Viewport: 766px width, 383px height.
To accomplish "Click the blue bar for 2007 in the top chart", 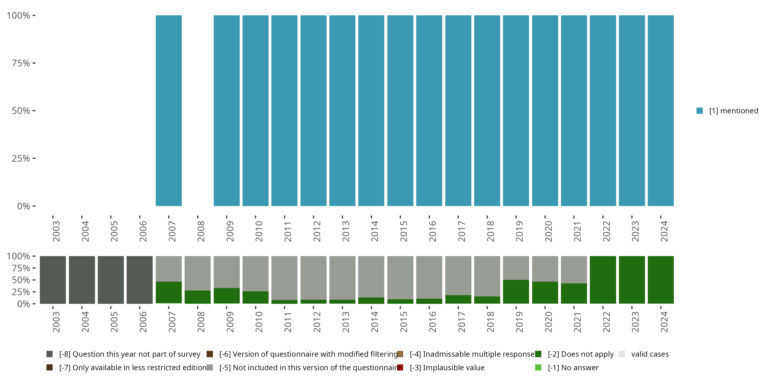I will (x=169, y=111).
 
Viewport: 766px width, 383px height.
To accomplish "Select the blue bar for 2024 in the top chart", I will (x=661, y=111).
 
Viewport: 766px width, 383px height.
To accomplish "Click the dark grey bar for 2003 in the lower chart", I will (x=53, y=280).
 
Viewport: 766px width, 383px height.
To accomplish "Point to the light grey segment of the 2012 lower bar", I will (x=313, y=278).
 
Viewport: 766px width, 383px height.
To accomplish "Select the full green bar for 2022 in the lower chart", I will (x=603, y=280).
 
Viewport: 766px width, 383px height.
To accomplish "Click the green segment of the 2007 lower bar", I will (x=169, y=292).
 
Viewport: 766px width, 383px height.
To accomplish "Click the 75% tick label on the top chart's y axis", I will (x=21, y=63).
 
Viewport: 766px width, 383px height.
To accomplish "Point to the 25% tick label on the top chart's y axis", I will (x=21, y=158).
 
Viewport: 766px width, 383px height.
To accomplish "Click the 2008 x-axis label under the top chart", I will (x=201, y=231).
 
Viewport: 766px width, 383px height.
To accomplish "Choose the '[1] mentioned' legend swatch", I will (x=699, y=111).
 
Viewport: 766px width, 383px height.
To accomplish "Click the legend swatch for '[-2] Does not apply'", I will (x=538, y=354).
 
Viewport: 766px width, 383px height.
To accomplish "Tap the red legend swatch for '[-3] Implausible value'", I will (x=400, y=367).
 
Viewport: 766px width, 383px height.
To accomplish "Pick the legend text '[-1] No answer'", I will (x=573, y=367).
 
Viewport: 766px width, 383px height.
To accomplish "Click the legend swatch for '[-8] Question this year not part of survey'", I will (x=50, y=354).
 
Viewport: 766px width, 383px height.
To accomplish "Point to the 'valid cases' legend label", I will (x=650, y=354).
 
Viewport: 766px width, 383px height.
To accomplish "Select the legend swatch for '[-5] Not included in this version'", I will (x=210, y=367).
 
